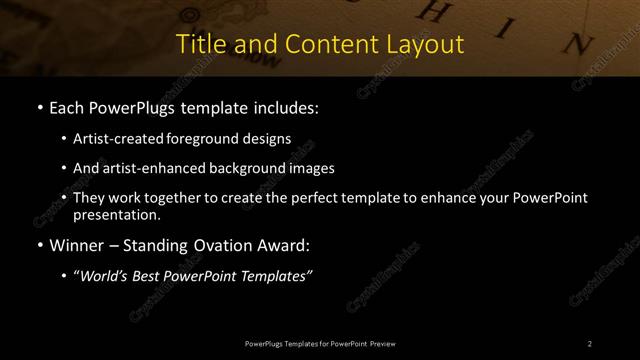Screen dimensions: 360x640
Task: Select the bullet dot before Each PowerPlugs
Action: [x=38, y=106]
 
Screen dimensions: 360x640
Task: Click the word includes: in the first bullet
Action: [x=286, y=106]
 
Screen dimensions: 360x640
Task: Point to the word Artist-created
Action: [x=113, y=139]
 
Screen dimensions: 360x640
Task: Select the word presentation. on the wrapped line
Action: [x=116, y=214]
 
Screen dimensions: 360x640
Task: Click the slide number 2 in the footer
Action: [x=590, y=344]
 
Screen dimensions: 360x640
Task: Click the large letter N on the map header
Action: [x=573, y=44]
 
